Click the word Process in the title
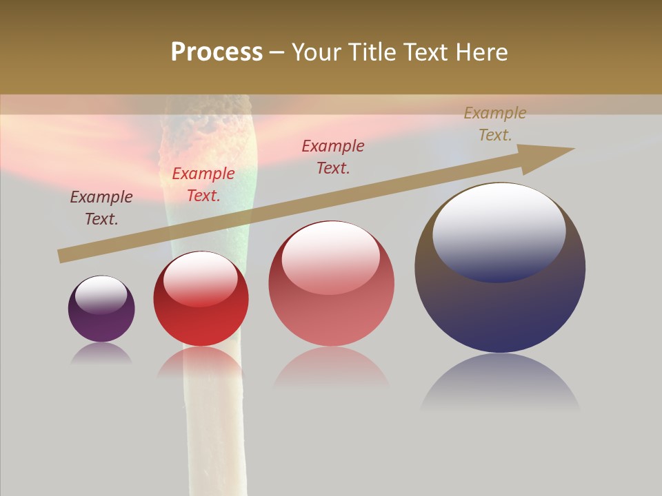[x=217, y=52]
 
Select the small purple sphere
[x=101, y=309]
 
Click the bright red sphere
[x=201, y=299]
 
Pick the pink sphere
[x=331, y=284]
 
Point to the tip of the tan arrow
[x=573, y=149]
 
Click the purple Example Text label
[x=101, y=208]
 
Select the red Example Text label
[x=203, y=185]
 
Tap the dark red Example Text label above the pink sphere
[x=333, y=156]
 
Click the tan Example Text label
[x=494, y=124]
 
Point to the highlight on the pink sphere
[x=331, y=258]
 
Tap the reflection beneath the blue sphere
[x=500, y=382]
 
